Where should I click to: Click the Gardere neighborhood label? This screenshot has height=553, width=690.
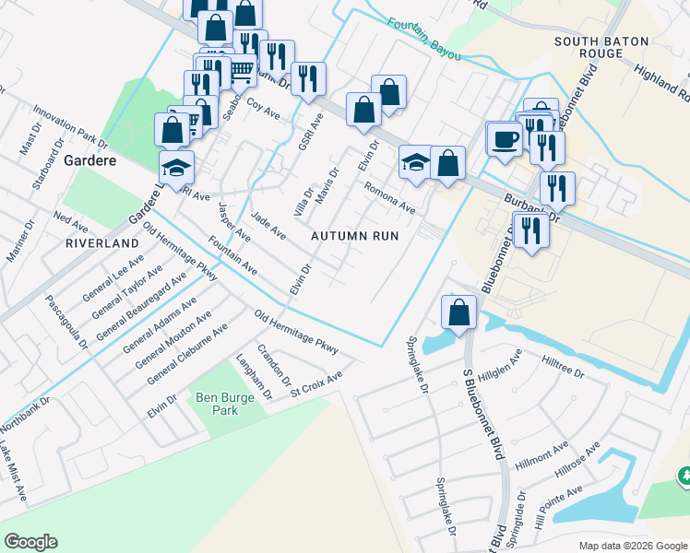point(88,159)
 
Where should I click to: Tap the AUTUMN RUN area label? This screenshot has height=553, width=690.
point(354,236)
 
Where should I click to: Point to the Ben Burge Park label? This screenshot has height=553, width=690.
point(218,403)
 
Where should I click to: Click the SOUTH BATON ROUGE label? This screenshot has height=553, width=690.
point(602,47)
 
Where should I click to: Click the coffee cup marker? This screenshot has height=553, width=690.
point(505,139)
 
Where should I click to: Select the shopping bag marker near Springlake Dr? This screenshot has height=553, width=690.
point(458,312)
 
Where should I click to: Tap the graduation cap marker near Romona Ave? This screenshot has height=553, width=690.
point(416,163)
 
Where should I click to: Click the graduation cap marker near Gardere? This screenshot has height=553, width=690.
point(177,167)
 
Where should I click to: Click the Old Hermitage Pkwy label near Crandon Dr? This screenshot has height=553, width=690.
point(297,333)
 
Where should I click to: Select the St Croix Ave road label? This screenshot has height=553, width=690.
point(315,381)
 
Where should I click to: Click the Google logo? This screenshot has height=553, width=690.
point(30,542)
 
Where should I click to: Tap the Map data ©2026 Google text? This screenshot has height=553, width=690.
point(632,546)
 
